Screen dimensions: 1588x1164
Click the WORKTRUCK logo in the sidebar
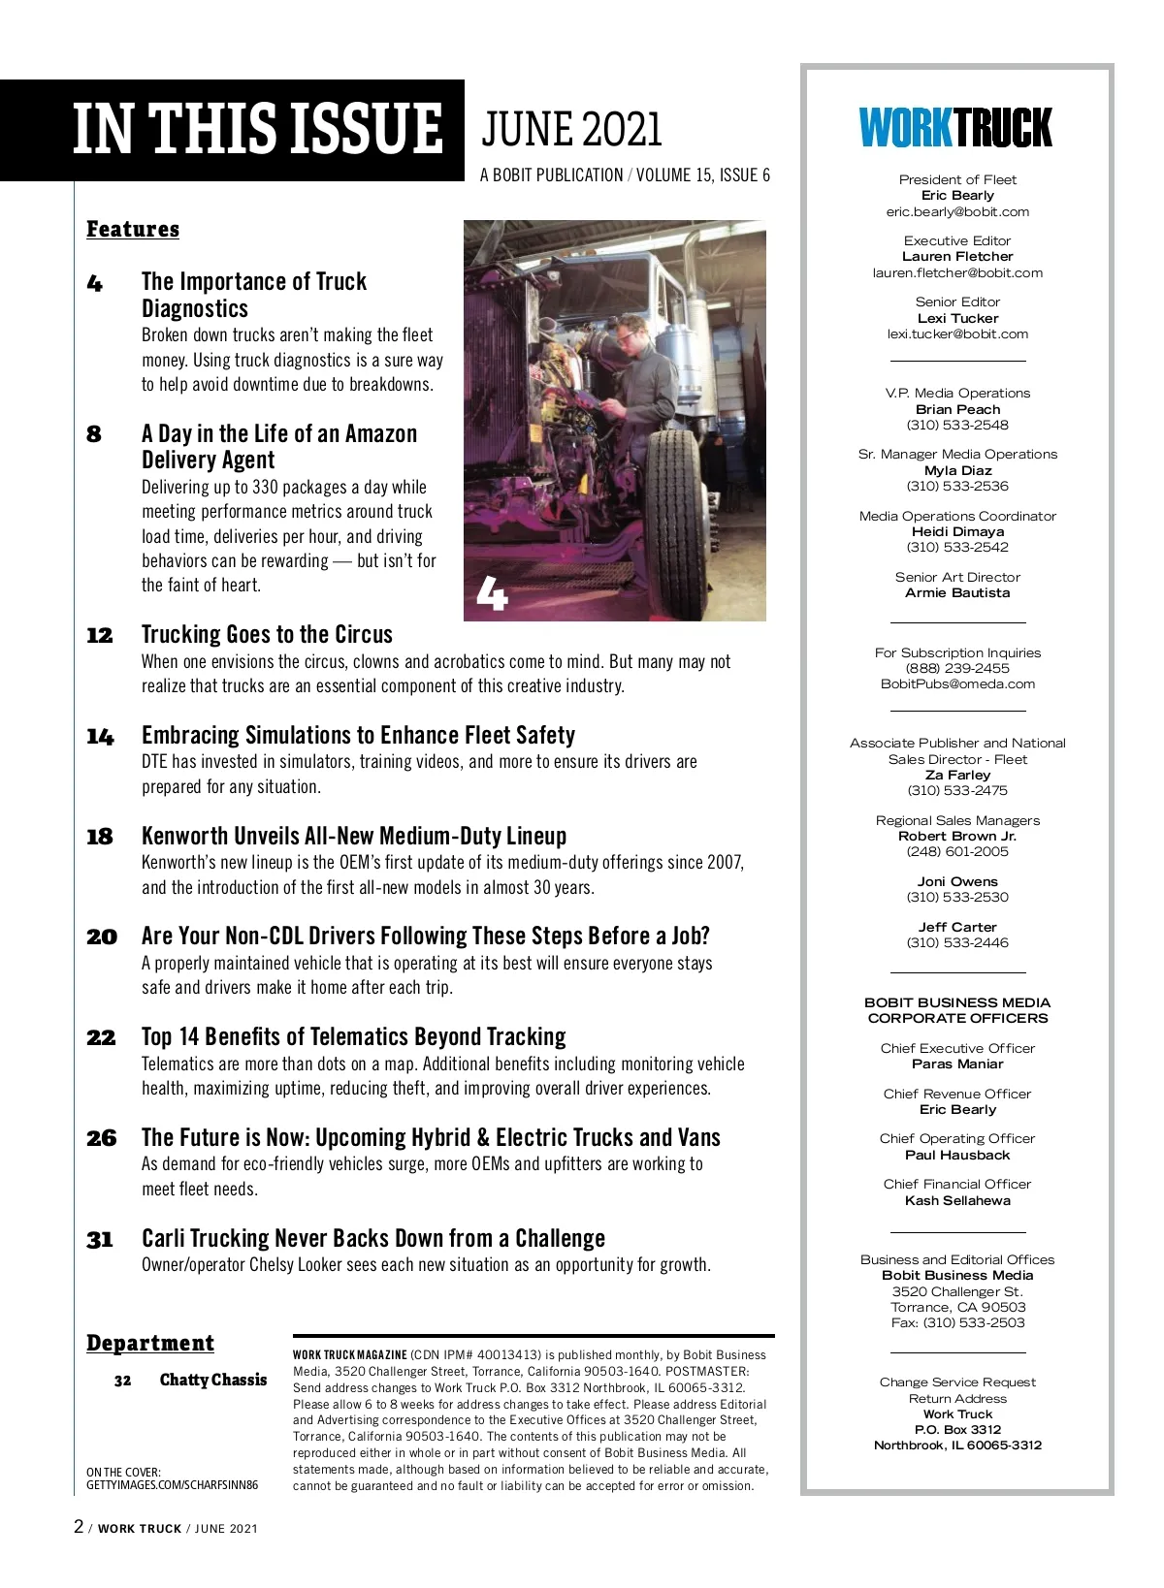tap(955, 128)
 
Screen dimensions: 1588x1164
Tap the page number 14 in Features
tap(100, 737)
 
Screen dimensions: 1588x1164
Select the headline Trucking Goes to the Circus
tap(267, 634)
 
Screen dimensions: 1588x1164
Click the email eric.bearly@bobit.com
tap(957, 211)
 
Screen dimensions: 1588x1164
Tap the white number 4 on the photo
tap(492, 593)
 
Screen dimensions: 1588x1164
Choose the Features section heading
tap(133, 229)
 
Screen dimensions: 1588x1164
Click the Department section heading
tap(150, 1343)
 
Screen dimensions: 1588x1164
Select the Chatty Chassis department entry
tap(212, 1380)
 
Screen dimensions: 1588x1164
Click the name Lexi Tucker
tap(957, 318)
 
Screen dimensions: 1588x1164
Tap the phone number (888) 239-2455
tap(957, 668)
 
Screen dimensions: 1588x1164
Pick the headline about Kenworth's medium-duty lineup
tap(354, 836)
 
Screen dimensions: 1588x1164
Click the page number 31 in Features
tap(100, 1240)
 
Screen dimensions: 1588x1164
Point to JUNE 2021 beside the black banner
tap(571, 130)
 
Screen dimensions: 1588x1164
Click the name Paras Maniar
tap(957, 1064)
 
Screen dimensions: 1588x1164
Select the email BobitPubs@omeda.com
tap(957, 683)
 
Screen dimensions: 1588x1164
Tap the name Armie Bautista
tap(957, 592)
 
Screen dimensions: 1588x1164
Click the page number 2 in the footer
tap(79, 1527)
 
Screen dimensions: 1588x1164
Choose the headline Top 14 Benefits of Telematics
tap(353, 1036)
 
